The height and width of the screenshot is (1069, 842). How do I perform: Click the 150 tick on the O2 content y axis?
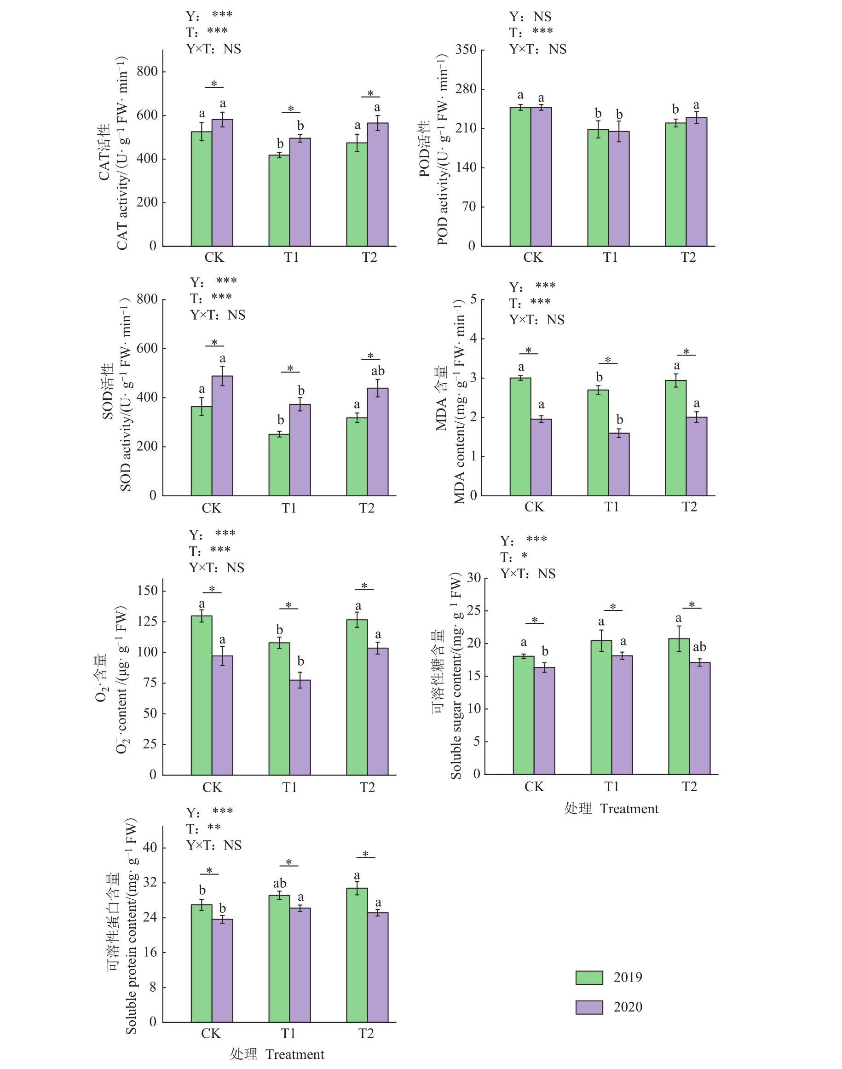coord(147,591)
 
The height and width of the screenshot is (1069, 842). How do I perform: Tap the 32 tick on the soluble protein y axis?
coord(150,882)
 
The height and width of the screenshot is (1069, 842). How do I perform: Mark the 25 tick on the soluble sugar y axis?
coord(473,611)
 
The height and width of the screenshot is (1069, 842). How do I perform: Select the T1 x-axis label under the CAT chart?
coord(291,257)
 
